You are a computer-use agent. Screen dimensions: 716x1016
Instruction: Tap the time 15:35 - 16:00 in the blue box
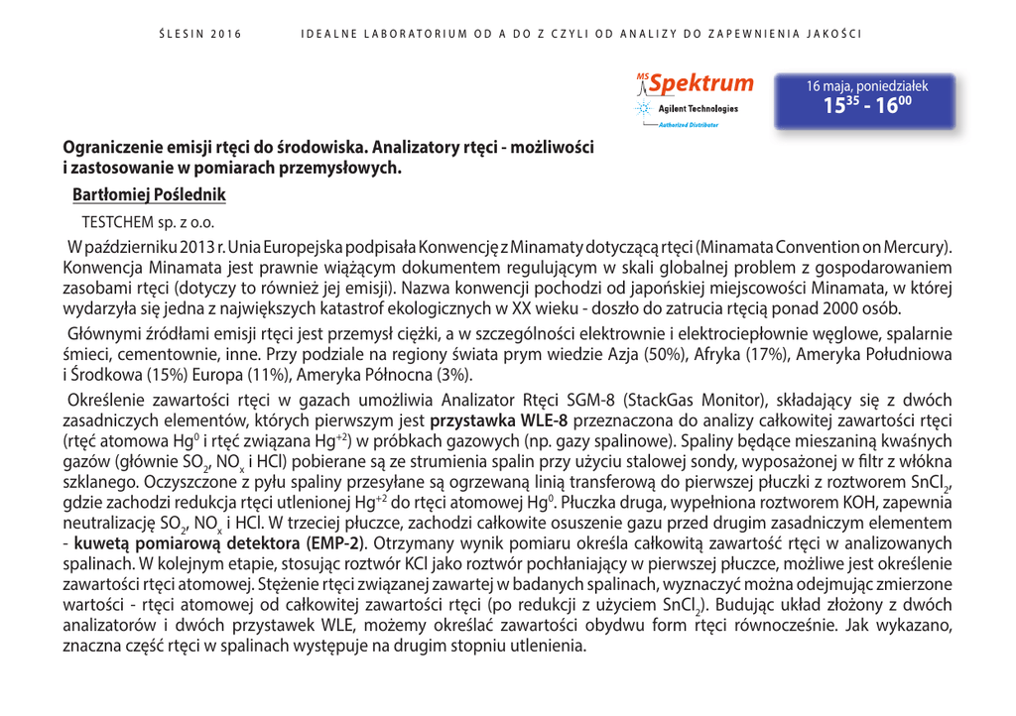click(x=865, y=105)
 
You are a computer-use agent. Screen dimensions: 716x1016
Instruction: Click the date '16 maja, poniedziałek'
click(x=866, y=85)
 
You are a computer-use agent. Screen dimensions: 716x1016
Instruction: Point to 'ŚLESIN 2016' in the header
click(x=200, y=34)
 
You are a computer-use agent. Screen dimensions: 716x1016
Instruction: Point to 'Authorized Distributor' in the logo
click(x=690, y=125)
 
